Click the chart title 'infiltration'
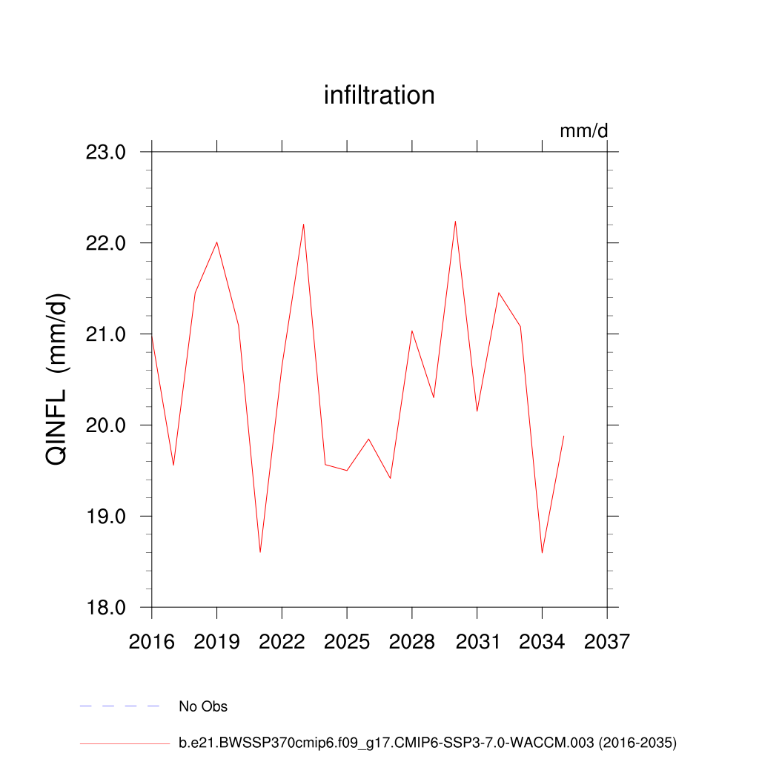click(379, 96)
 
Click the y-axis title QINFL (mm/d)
click(57, 379)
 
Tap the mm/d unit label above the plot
click(583, 131)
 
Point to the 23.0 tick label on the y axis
click(107, 153)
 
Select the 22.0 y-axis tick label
click(107, 243)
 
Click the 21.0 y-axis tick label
click(107, 334)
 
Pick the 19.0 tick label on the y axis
click(107, 517)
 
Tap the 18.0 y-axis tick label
click(107, 608)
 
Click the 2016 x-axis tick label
click(151, 641)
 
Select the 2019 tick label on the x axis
click(216, 641)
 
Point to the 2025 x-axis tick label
click(347, 641)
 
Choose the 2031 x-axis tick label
click(477, 641)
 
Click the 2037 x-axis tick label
click(607, 641)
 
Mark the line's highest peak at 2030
click(455, 221)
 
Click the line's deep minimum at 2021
click(260, 552)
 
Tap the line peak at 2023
click(303, 224)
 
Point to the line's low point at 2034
click(542, 553)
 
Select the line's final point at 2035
click(564, 436)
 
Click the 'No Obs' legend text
click(203, 706)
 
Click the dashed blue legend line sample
click(119, 706)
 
